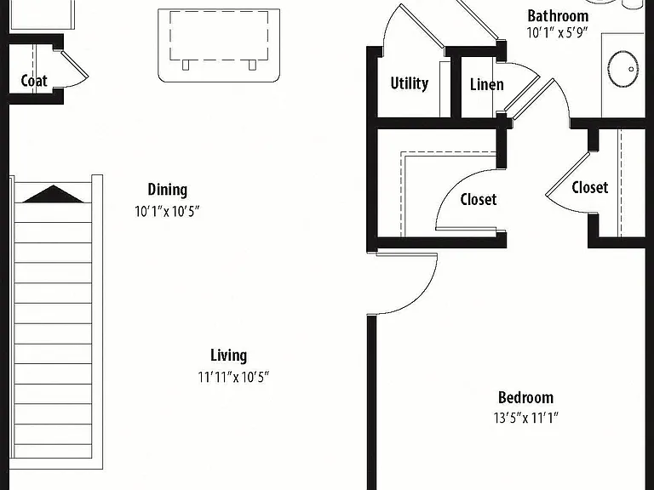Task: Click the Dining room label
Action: click(167, 190)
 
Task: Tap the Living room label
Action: click(228, 356)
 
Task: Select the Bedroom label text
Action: click(525, 397)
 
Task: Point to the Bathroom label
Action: click(558, 16)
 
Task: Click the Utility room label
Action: click(409, 83)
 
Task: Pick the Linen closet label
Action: click(487, 84)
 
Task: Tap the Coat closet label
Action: click(34, 81)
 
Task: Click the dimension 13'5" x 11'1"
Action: click(526, 418)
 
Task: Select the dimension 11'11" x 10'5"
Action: click(233, 377)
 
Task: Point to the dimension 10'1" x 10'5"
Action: click(167, 212)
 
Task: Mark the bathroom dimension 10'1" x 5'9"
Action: click(557, 32)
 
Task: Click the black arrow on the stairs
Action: click(53, 194)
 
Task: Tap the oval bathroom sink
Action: click(623, 69)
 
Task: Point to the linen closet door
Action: click(521, 95)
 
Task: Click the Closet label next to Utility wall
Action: click(479, 199)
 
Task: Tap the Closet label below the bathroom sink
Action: click(590, 187)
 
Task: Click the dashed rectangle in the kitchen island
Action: click(219, 36)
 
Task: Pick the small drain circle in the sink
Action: click(632, 69)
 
